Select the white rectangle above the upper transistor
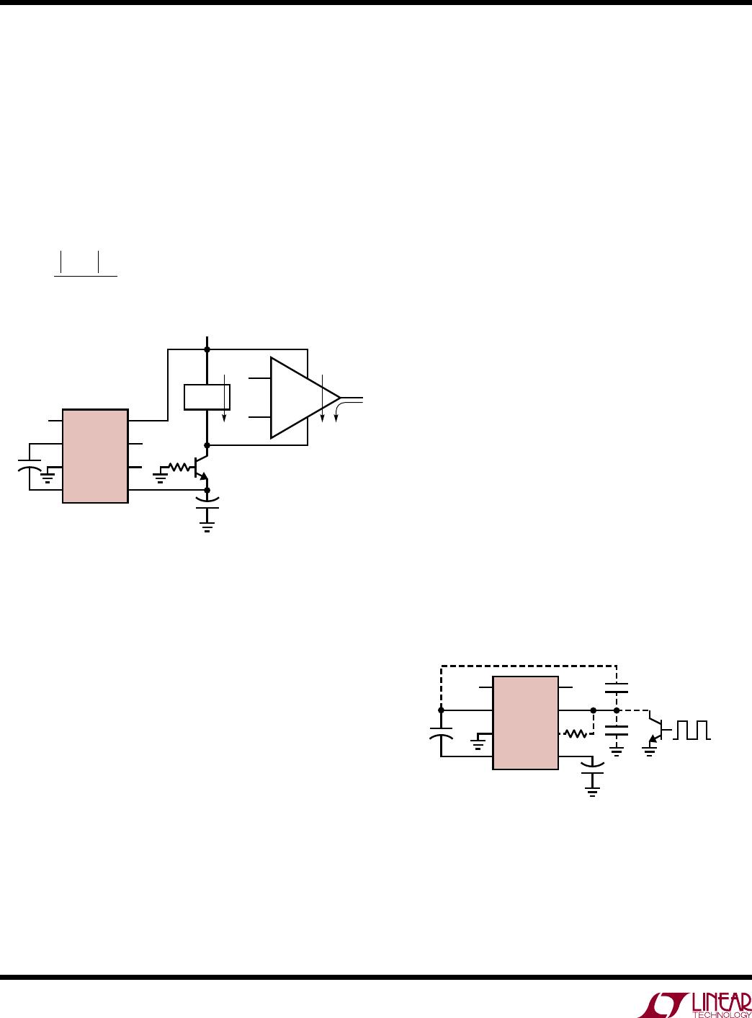(207, 397)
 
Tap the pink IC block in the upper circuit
(95, 456)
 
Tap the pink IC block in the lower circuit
(526, 723)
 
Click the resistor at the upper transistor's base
(179, 468)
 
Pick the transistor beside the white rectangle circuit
(201, 468)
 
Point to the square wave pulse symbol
(692, 730)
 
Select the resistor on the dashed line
(575, 734)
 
